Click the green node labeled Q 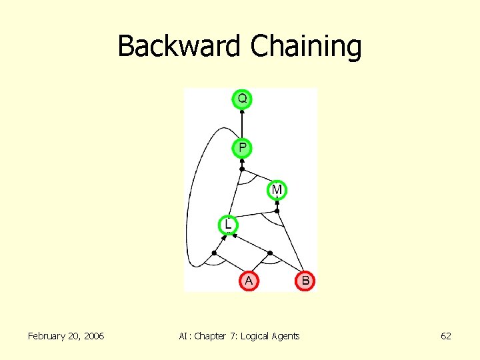point(242,99)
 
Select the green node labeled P point(242,147)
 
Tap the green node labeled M point(277,190)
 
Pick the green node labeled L point(228,225)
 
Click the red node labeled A point(249,281)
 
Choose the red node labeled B point(305,281)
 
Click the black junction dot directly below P point(242,169)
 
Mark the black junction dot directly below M point(277,211)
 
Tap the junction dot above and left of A point(214,253)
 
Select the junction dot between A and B point(270,253)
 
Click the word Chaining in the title point(306,47)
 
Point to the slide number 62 point(446,336)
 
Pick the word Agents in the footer point(287,336)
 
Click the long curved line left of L point(189,200)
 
